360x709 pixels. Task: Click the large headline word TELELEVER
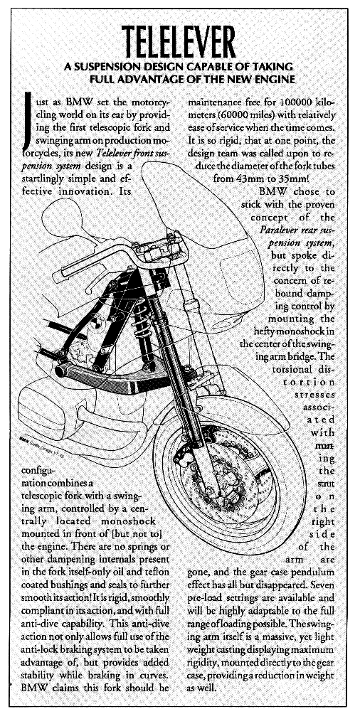click(179, 41)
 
